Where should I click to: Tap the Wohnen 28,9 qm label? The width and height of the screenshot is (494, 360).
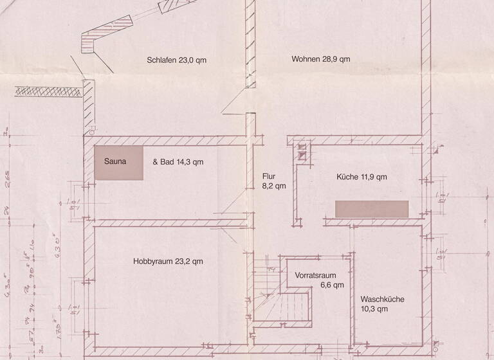(320, 59)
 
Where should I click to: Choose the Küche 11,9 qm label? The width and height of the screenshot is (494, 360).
(361, 177)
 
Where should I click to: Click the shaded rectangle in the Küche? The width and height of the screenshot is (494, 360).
(372, 209)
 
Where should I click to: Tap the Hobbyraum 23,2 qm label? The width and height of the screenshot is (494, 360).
(168, 262)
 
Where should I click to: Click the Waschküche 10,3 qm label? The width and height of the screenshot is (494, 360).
(383, 303)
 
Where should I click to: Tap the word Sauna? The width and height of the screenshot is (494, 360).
(115, 162)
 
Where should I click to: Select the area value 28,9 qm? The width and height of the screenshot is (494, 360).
(335, 59)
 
